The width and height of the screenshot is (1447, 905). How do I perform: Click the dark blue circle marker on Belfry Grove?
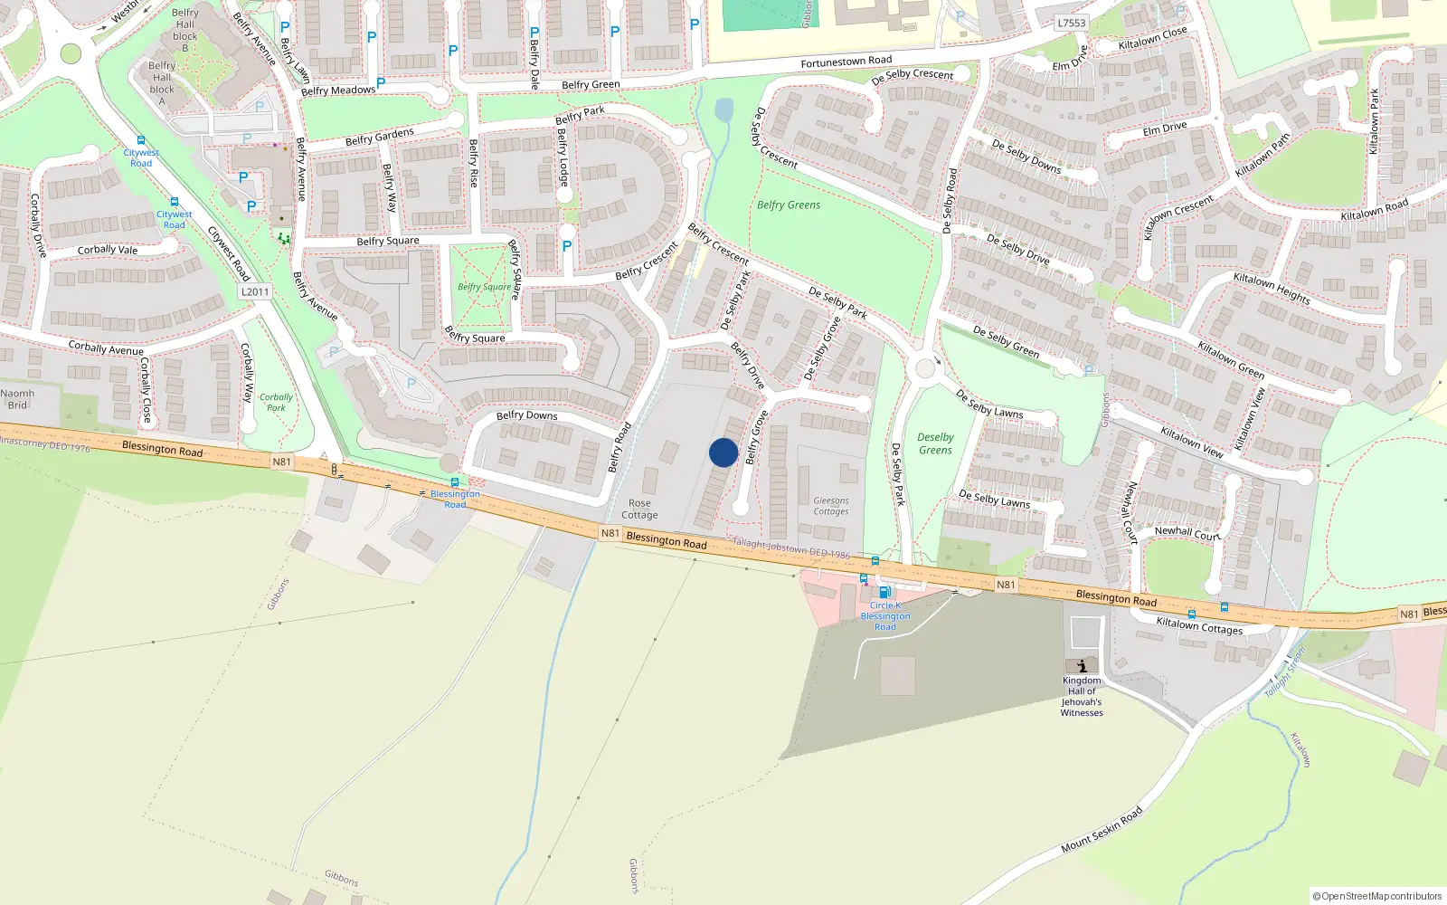723,452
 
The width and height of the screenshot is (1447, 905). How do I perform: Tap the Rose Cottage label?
639,510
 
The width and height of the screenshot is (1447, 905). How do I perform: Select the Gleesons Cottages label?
830,506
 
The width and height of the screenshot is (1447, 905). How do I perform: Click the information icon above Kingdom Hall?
1082,665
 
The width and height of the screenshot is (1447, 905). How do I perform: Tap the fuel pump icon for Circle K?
884,592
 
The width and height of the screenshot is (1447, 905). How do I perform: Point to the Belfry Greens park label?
789,205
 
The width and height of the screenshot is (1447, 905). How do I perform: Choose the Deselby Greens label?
935,443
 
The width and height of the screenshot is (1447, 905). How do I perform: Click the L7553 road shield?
1071,23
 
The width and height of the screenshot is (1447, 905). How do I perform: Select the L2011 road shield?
255,291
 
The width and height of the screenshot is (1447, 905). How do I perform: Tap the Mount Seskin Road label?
1102,830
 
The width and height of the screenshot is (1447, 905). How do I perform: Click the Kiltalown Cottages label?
1199,625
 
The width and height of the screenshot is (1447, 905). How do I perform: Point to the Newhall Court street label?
1187,533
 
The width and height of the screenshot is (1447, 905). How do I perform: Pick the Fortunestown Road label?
846,62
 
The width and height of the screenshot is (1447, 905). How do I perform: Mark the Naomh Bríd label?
17,399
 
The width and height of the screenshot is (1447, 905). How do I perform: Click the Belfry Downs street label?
526,415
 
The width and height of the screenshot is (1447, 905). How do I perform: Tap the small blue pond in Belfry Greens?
723,110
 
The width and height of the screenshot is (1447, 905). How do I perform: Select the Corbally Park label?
276,402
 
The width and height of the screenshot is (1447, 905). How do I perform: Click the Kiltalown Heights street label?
1271,288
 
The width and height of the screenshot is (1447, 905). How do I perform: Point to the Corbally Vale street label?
108,250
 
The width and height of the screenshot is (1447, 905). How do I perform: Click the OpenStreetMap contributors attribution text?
1376,896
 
